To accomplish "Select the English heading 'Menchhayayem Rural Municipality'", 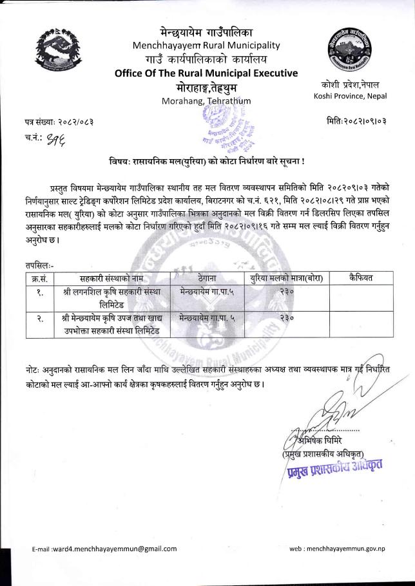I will click(206, 45).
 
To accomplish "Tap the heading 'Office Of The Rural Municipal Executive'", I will click(206, 73).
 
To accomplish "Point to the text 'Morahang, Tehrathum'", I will click(206, 101).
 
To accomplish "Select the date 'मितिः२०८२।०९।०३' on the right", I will click(356, 121).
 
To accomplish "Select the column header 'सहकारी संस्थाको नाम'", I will click(113, 278).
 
